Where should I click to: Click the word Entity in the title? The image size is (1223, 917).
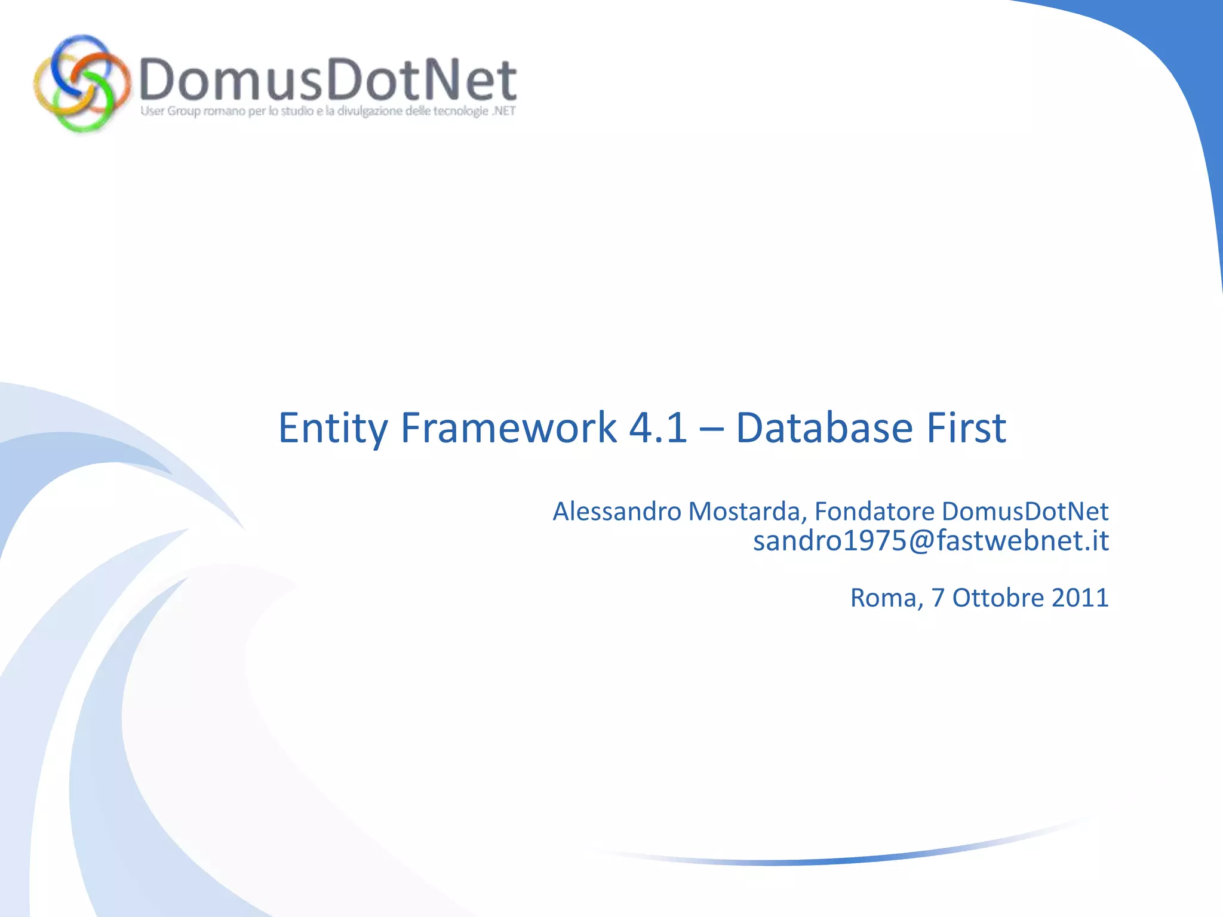(333, 428)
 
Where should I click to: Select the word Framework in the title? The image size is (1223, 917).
(509, 428)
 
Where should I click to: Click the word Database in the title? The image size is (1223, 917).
(824, 428)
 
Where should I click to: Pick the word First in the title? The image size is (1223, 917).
(966, 428)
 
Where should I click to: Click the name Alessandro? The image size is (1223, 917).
(617, 512)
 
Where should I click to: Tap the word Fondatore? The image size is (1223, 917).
(874, 512)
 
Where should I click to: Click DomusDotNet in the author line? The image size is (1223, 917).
(1025, 512)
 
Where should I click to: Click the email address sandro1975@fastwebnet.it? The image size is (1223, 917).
(930, 541)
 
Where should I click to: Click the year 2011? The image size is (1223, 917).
(1080, 598)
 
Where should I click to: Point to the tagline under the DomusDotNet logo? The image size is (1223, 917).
(327, 111)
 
